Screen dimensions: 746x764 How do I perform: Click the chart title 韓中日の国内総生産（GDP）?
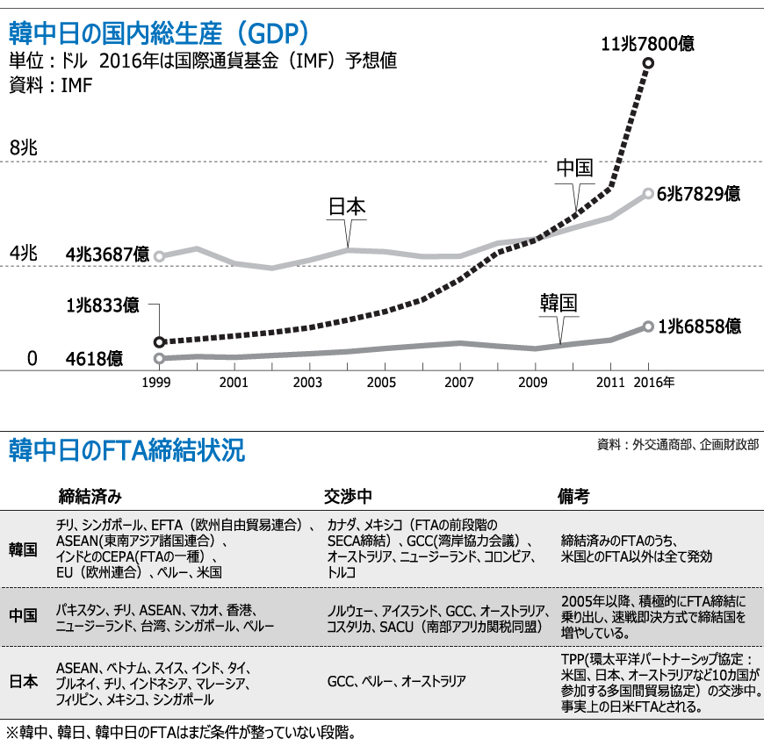[x=158, y=33]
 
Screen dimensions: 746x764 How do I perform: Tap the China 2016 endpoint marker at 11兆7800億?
[x=648, y=62]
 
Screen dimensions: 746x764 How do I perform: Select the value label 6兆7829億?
[x=698, y=193]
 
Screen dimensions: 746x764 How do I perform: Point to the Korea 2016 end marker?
[x=648, y=326]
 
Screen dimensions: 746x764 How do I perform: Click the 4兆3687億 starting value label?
[x=107, y=255]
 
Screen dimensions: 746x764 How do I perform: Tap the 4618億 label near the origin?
[x=94, y=358]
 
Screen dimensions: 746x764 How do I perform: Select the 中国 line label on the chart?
[x=575, y=169]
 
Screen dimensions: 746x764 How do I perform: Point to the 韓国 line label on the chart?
[x=559, y=304]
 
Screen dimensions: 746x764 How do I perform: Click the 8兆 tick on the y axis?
[x=23, y=147]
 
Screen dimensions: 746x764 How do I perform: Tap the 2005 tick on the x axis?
[x=381, y=384]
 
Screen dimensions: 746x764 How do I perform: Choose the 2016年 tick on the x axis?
[x=655, y=384]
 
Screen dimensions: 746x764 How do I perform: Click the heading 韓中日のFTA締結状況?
[x=126, y=451]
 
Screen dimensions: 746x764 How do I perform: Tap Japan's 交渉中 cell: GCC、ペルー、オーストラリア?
[x=396, y=680]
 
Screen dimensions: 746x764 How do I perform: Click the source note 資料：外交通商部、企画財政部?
[x=678, y=444]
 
